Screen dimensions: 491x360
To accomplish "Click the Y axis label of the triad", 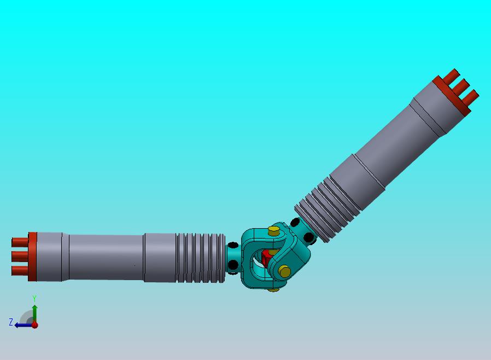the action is pos(34,298).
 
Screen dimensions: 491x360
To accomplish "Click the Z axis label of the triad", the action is pos(11,322).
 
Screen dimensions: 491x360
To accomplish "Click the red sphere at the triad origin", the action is pos(35,325).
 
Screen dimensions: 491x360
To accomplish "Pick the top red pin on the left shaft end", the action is pos(20,242).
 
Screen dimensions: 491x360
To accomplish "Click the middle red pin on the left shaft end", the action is pos(20,256).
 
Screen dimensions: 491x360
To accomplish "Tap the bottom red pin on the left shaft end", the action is pos(20,271).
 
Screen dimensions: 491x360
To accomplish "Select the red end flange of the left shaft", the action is pos(33,257).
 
